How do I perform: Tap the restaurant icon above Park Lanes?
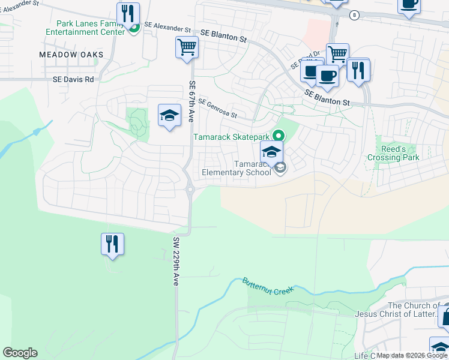[128, 13]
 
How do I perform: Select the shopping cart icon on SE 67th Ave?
[187, 47]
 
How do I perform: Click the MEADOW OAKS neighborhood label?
[71, 55]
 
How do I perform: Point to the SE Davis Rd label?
[73, 79]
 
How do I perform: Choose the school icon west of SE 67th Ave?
[170, 115]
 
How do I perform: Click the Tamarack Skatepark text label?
[231, 137]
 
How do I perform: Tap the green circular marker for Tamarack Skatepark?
[278, 136]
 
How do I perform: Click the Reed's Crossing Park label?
[393, 153]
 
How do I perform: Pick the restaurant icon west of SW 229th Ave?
[112, 244]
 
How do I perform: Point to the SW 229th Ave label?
[176, 260]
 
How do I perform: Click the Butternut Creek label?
[268, 286]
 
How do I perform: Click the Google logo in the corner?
[20, 353]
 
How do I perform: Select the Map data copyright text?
[412, 355]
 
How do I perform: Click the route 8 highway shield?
[355, 15]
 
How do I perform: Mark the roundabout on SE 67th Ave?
[190, 190]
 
